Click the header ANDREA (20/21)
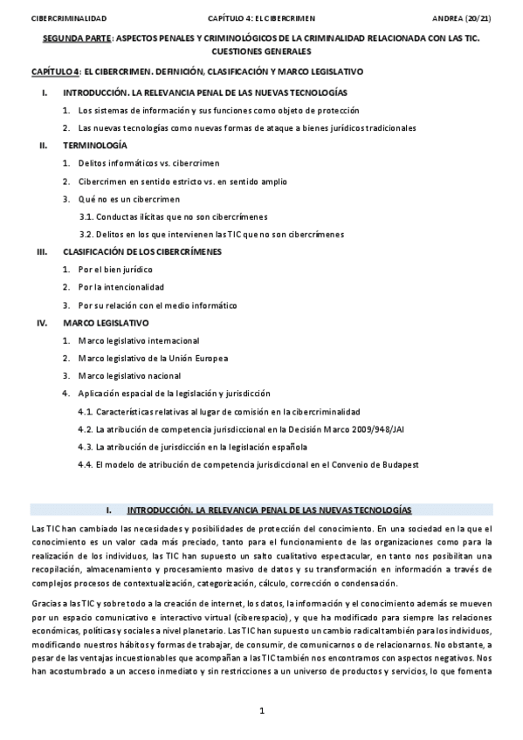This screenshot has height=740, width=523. point(462,17)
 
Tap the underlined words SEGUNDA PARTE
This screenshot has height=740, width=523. point(79,40)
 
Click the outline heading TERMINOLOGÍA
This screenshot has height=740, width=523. point(95,145)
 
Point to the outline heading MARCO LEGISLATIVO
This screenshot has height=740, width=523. point(106,322)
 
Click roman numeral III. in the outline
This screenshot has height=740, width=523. point(41,251)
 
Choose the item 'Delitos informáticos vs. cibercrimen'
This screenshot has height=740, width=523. point(148,163)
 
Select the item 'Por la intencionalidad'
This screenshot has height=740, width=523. point(120,287)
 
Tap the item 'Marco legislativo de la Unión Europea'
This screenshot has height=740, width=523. point(153,358)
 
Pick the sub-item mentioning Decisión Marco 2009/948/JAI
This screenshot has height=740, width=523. point(241,428)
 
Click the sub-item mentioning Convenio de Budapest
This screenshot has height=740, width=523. point(248,464)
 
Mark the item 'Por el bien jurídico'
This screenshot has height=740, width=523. point(115,270)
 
